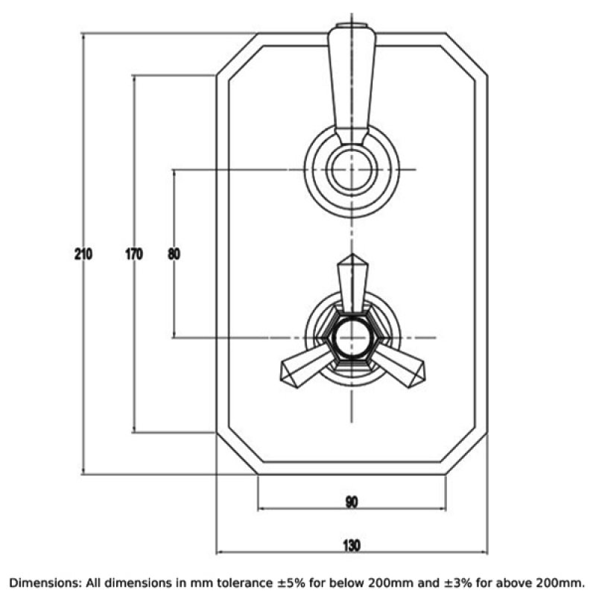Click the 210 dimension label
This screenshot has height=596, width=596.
click(83, 254)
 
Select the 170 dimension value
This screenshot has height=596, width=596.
click(134, 254)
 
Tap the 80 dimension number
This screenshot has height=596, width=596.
click(174, 254)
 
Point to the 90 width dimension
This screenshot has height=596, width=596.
click(352, 502)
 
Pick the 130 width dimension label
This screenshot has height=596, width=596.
click(352, 545)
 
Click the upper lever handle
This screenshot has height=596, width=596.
click(352, 83)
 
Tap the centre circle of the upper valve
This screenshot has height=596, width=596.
click(352, 169)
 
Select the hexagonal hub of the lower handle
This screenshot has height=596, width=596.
click(352, 337)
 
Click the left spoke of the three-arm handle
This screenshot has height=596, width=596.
click(306, 366)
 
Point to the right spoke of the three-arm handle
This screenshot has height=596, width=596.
click(399, 366)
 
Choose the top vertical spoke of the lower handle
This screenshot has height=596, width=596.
click(352, 283)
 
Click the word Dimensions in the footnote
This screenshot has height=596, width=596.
click(42, 583)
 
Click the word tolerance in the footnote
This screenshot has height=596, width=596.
click(245, 583)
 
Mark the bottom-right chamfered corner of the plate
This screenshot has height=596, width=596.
click(466, 454)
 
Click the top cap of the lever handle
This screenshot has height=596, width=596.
click(352, 26)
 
